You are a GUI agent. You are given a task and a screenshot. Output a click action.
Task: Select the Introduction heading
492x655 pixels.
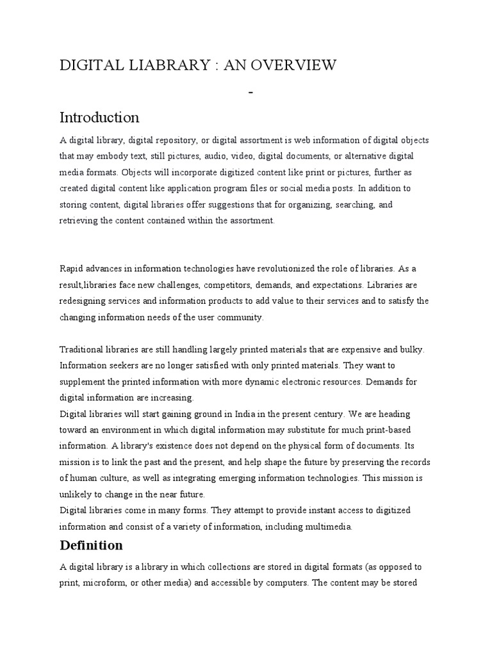99,118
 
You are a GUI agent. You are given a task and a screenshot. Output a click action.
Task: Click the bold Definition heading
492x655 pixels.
91,546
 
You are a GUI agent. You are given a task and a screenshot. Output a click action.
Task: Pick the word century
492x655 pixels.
300,413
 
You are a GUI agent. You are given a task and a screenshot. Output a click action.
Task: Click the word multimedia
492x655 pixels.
330,527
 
